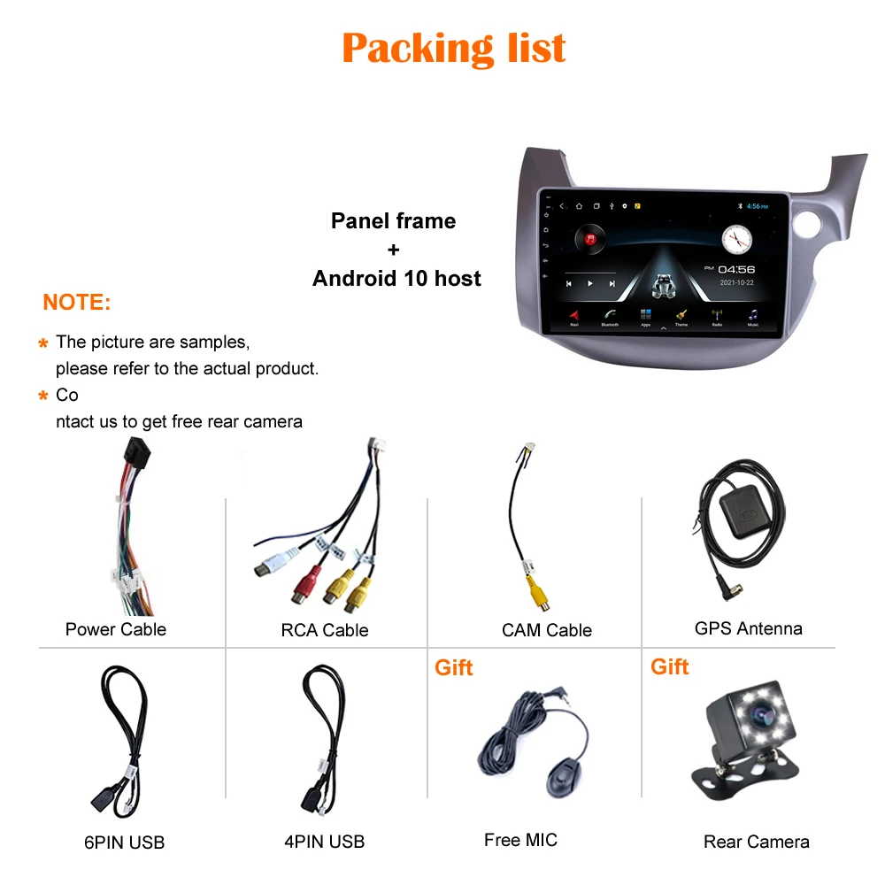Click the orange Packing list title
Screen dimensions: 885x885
click(x=453, y=48)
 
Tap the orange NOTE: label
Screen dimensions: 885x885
click(x=77, y=303)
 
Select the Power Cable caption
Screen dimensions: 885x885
click(x=116, y=629)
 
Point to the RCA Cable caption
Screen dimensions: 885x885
click(x=325, y=630)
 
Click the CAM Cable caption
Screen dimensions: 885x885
click(x=547, y=630)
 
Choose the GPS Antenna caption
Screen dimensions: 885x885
click(x=749, y=628)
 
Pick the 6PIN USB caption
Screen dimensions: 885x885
click(x=125, y=843)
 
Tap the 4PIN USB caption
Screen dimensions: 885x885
click(x=325, y=843)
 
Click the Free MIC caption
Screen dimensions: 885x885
click(x=521, y=840)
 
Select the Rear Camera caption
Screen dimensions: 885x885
click(x=757, y=843)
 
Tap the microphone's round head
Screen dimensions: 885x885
click(x=559, y=778)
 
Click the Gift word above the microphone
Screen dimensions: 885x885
click(x=454, y=667)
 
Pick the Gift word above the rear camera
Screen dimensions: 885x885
click(x=670, y=666)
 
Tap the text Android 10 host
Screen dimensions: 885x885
click(x=396, y=279)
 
